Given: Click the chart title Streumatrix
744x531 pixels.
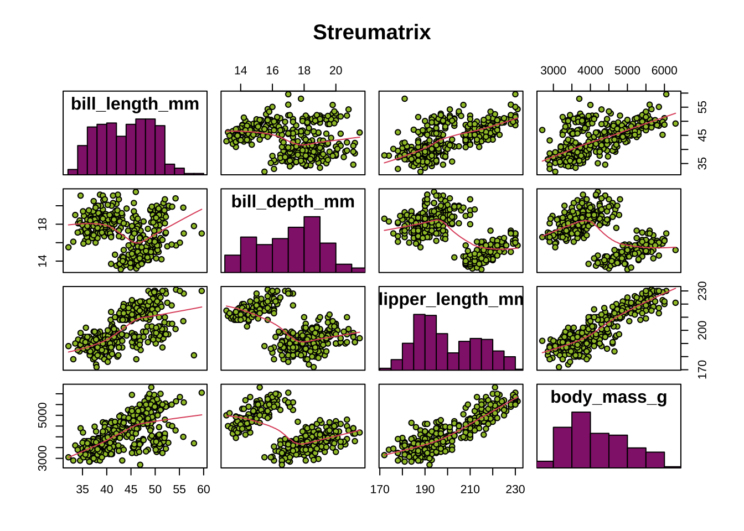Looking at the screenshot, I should (371, 32).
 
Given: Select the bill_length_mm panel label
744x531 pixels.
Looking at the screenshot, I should (135, 103).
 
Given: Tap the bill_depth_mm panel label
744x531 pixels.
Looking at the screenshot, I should (293, 201).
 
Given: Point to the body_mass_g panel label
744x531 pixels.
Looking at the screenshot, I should (608, 397).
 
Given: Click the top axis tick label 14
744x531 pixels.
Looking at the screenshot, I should (240, 70).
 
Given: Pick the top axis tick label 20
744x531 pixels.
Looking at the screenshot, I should (335, 70).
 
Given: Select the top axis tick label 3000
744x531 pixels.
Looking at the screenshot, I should (553, 70).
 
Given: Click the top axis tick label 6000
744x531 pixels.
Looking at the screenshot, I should (664, 70).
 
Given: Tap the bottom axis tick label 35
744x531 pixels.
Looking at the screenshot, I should (82, 489).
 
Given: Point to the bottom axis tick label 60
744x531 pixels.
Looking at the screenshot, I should (203, 489).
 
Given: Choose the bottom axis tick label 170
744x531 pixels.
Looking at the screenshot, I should (380, 489).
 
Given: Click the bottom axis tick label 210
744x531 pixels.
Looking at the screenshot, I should (470, 489).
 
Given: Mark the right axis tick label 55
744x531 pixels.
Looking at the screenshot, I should (702, 107).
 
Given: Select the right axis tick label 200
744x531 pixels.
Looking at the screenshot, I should (702, 331).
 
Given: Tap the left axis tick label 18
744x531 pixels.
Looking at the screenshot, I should (43, 224).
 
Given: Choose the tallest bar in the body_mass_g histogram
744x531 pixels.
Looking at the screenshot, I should (581, 440).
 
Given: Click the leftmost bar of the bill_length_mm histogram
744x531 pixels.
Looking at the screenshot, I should (73, 171).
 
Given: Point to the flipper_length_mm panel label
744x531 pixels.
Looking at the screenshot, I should (451, 299).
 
